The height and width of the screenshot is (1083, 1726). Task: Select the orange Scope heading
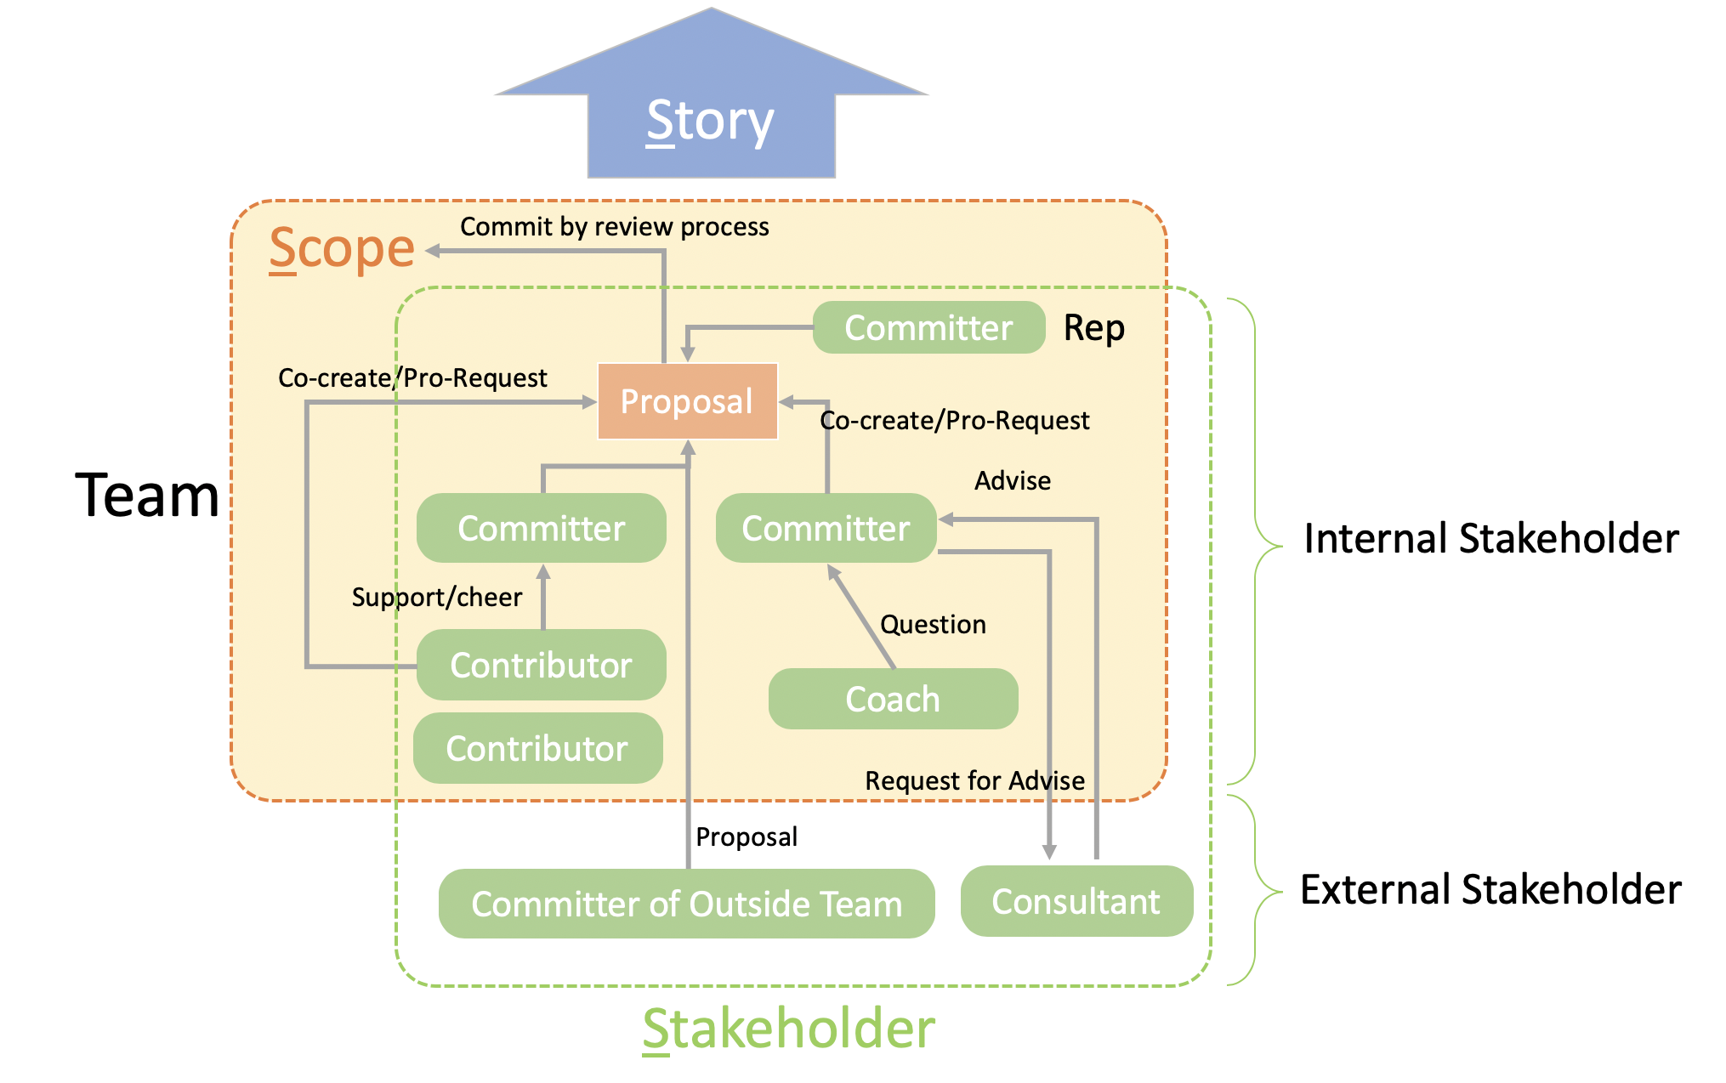coord(342,248)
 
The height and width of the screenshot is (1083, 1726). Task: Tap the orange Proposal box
coord(687,401)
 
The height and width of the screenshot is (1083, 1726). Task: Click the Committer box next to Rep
coord(928,328)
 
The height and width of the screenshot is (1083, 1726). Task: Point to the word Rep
coord(1094,328)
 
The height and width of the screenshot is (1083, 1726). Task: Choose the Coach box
coord(893,699)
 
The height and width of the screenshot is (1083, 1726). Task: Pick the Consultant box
coord(1076,901)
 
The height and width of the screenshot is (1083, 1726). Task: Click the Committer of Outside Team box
coord(686,904)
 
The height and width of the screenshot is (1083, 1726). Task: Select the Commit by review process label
coord(614,227)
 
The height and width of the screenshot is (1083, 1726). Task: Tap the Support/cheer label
coord(437,597)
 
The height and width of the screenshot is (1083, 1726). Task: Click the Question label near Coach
coord(933,625)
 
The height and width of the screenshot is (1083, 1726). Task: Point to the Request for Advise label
coord(974,780)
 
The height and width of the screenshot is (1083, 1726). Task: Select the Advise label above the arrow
coord(1013,481)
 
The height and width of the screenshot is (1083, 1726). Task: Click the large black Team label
coord(147,496)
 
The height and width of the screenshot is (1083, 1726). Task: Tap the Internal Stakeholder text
coord(1491,539)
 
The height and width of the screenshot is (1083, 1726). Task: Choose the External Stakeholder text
coord(1490,890)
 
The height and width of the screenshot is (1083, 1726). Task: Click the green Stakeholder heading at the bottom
coord(788,1029)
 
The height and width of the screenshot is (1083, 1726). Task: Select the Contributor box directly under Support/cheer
coord(541,665)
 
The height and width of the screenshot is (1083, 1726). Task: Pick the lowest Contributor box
coord(537,748)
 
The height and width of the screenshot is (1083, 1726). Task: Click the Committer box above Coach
coord(826,528)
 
